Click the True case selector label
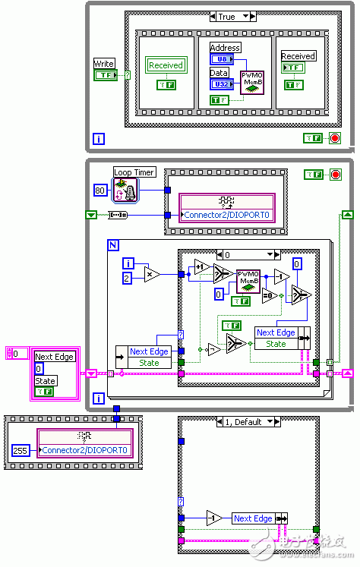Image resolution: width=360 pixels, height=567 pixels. [x=227, y=16]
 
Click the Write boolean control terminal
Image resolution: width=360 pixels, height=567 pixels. [x=104, y=75]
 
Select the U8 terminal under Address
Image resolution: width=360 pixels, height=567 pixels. [x=219, y=58]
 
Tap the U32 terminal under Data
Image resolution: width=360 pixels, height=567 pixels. [x=219, y=83]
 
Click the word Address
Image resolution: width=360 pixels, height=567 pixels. [x=225, y=48]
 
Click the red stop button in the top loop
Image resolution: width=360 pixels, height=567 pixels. [x=335, y=137]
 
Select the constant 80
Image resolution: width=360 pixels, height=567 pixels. [x=99, y=190]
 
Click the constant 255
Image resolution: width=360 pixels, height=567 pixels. [x=21, y=450]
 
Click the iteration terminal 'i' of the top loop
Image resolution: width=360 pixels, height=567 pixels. [x=99, y=138]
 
